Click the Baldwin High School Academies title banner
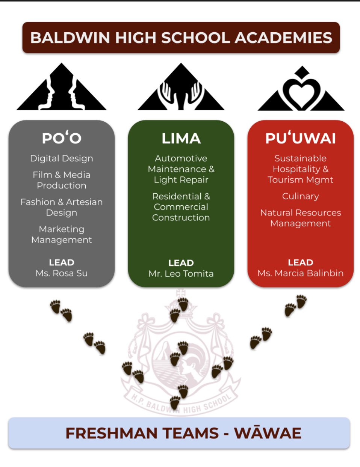pos(181,38)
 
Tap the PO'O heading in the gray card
pos(62,138)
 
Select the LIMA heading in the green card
pos(181,139)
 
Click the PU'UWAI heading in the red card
pos(300,138)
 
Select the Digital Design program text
pos(62,158)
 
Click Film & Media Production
pos(62,180)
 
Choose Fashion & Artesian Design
pos(62,207)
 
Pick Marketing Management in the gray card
pos(62,234)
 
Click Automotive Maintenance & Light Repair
pos(181,169)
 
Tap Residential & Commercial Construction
pos(181,207)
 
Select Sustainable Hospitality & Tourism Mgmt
pos(300,169)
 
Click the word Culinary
pos(300,196)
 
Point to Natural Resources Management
pos(300,218)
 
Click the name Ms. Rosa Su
pos(62,273)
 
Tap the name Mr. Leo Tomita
pos(181,274)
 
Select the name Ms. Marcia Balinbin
pos(300,273)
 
